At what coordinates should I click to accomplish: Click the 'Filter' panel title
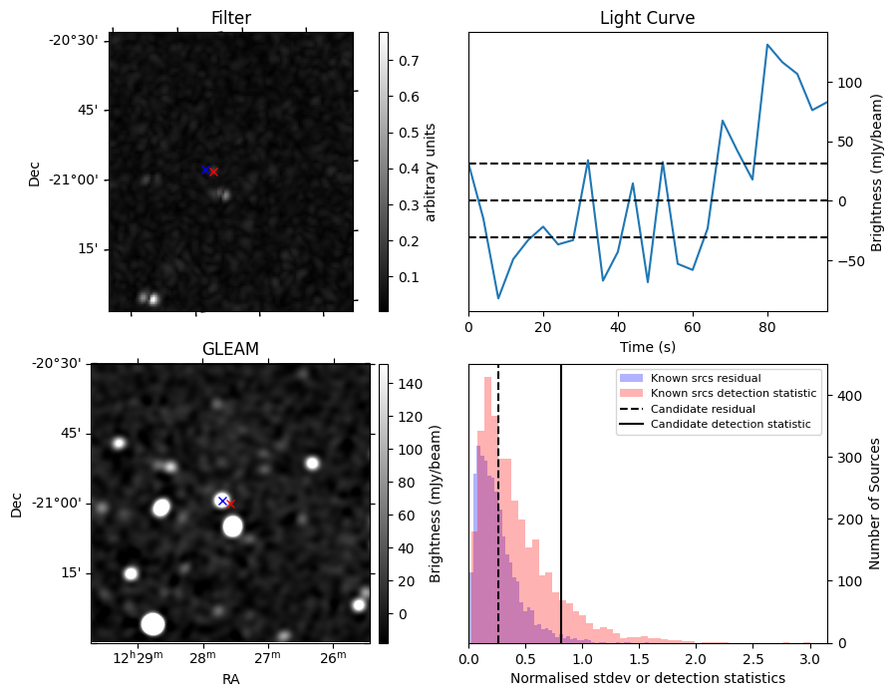pos(231,18)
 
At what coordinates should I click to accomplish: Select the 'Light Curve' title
pos(647,18)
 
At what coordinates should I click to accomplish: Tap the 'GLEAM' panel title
pos(230,349)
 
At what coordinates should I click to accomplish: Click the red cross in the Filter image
pos(213,173)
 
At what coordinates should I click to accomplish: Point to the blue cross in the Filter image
pos(205,170)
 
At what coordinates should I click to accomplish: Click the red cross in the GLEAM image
pos(230,504)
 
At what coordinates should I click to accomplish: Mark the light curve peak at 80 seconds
pos(767,45)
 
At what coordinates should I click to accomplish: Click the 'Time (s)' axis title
pos(647,347)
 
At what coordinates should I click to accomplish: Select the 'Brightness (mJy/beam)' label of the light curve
pos(877,172)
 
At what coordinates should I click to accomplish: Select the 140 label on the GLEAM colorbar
pos(409,383)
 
